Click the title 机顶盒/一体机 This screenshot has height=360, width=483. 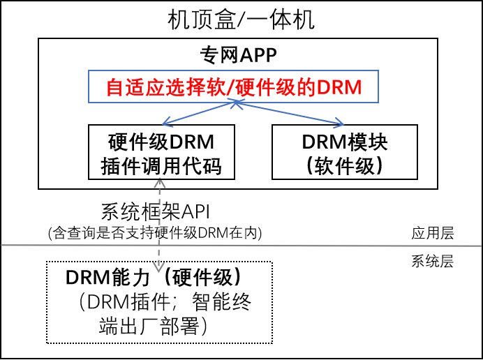tap(241, 20)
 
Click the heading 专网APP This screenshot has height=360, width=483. tap(238, 55)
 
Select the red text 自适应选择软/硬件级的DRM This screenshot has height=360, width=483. tap(234, 87)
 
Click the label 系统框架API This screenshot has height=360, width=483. tap(155, 212)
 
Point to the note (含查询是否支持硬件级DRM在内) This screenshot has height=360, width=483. tap(155, 233)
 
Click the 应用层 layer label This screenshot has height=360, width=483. tap(433, 233)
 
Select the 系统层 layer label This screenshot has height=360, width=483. tap(433, 261)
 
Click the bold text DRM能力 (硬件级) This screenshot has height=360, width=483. tap(153, 278)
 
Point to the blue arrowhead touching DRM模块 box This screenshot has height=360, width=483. tap(339, 123)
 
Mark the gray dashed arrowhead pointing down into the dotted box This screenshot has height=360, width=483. tap(159, 267)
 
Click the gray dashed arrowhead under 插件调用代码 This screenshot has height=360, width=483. tap(160, 184)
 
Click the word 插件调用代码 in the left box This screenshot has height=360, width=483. tap(161, 166)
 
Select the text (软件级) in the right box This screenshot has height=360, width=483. tap(345, 166)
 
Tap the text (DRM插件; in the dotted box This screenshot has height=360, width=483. tap(127, 302)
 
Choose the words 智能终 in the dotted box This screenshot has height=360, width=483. tap(222, 302)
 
